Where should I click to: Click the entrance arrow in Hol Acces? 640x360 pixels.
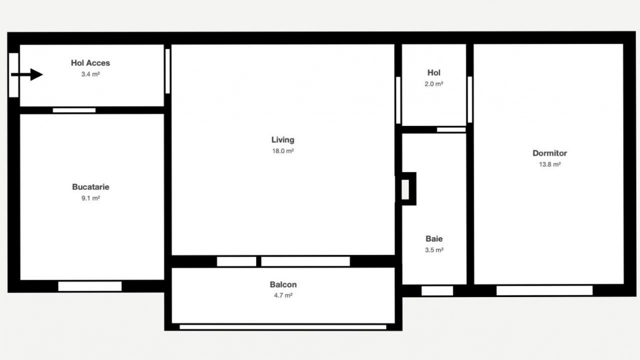[x=27, y=75]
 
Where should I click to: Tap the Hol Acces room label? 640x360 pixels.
[x=90, y=63]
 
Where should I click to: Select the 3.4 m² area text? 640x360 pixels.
[x=90, y=74]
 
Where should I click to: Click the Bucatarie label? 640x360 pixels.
[x=91, y=187]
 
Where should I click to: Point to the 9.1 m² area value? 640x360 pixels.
[x=91, y=198]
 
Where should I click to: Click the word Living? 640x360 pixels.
[x=283, y=140]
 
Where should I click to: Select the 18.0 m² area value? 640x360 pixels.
[x=283, y=151]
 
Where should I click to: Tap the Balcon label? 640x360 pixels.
[x=283, y=284]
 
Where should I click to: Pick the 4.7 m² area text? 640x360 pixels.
[x=283, y=295]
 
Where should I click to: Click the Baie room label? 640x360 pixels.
[x=434, y=239]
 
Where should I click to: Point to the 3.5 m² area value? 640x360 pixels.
[x=434, y=250]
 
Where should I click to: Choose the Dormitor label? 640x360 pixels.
[x=550, y=153]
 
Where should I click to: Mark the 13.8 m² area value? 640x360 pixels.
[x=550, y=164]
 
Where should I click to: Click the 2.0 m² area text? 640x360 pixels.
[x=434, y=84]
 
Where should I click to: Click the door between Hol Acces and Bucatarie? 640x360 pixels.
[x=74, y=110]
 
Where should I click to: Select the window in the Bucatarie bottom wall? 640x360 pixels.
[x=90, y=286]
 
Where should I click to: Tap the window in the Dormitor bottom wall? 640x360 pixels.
[x=545, y=290]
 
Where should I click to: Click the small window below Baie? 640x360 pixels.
[x=437, y=291]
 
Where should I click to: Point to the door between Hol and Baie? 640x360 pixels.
[x=451, y=130]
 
